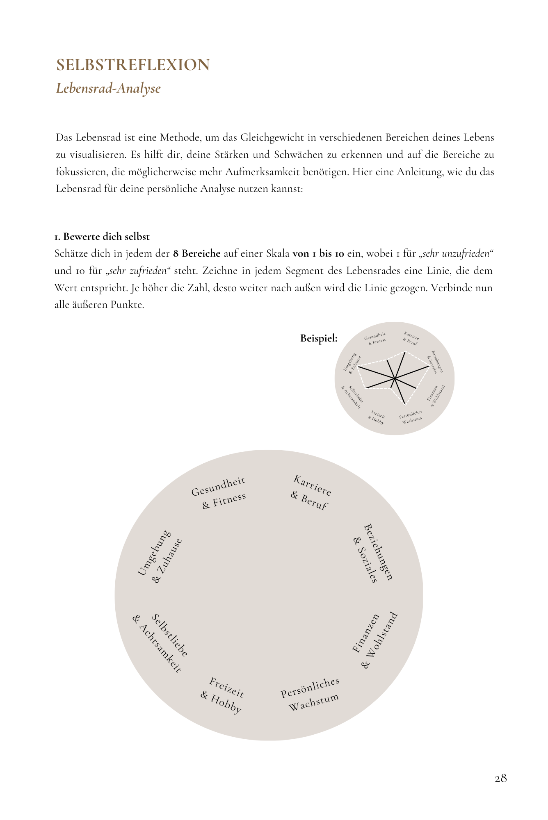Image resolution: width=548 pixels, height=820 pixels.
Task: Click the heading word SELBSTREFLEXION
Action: tap(133, 65)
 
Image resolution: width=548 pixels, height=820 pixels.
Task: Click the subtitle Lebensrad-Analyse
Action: tap(108, 88)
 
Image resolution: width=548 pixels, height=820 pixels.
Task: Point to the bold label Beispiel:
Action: tap(319, 339)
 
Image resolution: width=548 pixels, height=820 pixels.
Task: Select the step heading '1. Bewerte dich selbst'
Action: tap(102, 237)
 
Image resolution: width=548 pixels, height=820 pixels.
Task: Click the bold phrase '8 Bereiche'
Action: tap(197, 253)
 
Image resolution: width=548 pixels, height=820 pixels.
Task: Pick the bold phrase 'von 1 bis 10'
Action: tap(318, 253)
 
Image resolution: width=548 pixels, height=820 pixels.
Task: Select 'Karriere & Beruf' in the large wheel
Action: tap(311, 492)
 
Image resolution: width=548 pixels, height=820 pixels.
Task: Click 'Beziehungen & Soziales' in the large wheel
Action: tap(372, 553)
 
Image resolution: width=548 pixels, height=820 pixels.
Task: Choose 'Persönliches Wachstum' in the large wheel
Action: tap(311, 694)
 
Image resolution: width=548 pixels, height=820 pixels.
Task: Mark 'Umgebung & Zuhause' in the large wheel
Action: tap(160, 556)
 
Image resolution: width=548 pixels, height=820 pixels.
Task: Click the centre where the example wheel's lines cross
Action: tap(395, 378)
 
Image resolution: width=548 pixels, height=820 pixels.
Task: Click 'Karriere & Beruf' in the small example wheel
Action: tap(411, 338)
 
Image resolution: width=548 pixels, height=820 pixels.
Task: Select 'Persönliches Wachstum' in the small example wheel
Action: tap(411, 417)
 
